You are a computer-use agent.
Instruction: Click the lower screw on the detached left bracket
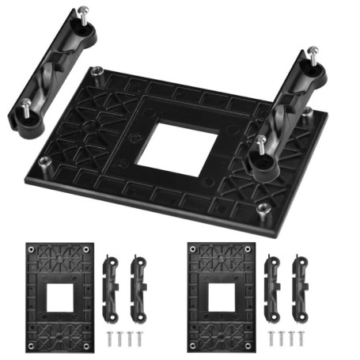[28, 108]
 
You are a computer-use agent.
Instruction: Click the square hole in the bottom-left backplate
[59, 297]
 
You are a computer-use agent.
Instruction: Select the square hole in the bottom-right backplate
[225, 297]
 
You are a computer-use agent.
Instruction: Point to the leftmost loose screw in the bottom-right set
[271, 339]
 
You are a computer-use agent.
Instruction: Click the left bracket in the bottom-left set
[111, 286]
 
